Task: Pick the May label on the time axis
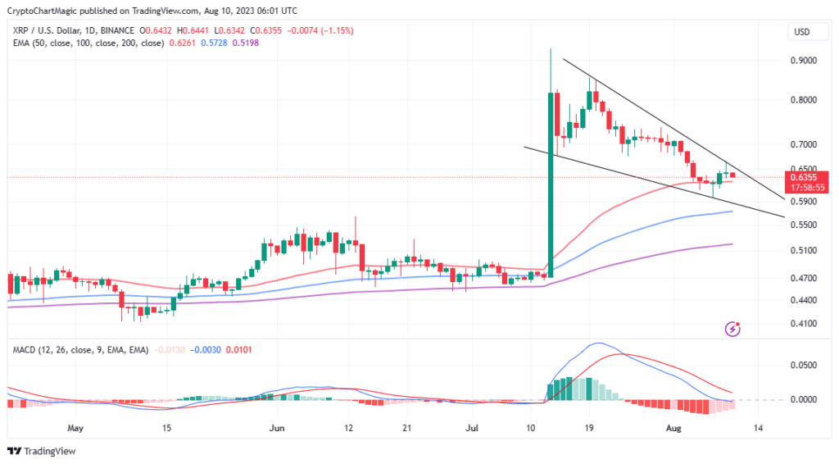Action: (75, 428)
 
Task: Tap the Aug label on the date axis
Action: (673, 428)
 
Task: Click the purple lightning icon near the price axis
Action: (733, 330)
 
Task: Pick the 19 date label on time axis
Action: (588, 428)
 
